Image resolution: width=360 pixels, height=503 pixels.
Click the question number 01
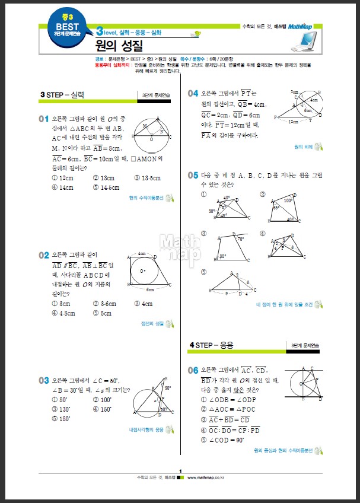[x=44, y=119]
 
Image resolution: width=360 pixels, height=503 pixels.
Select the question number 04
[x=193, y=93]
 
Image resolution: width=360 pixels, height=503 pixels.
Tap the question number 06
[x=193, y=370]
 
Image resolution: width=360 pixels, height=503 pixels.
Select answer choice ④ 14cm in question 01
[x=62, y=187]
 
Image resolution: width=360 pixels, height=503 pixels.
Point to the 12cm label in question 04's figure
[x=294, y=122]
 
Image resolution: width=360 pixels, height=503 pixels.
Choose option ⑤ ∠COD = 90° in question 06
[x=222, y=440]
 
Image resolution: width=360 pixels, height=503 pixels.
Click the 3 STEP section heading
[x=62, y=94]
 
